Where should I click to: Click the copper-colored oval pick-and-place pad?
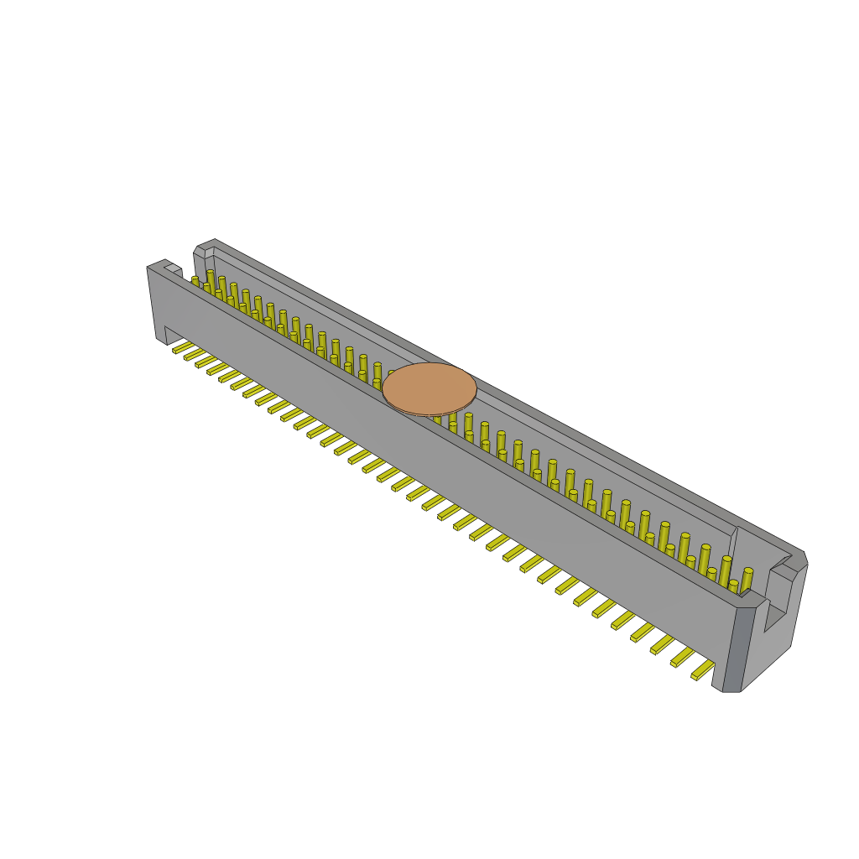coord(429,387)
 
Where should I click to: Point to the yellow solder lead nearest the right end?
coord(703,669)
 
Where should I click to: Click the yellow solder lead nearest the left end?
coord(182,347)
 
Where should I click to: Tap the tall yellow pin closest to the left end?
coord(210,279)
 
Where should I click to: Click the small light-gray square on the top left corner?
coord(173,268)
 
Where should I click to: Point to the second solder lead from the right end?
coord(682,657)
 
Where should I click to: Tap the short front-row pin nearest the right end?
coord(732,586)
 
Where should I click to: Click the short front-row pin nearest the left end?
coord(195,281)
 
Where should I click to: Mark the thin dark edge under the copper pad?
coord(428,414)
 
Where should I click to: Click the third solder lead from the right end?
coord(662,644)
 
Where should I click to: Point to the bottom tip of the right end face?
coord(731,690)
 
